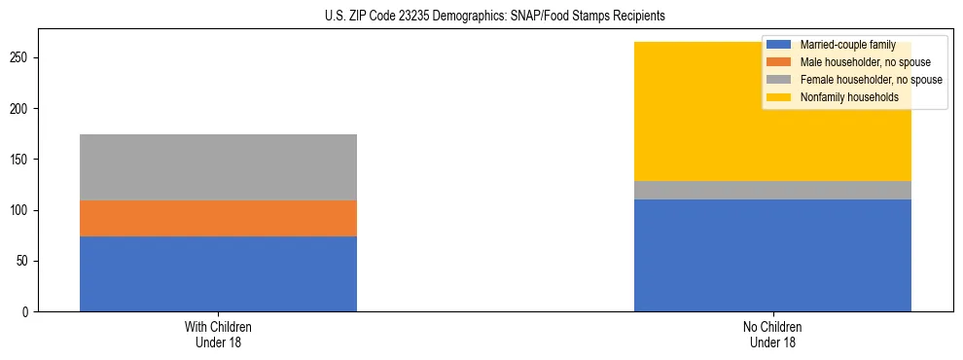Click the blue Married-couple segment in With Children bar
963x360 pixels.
218,273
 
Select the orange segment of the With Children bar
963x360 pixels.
218,218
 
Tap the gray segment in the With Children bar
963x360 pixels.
218,166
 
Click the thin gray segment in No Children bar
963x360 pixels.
772,190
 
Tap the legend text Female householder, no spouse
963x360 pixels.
871,80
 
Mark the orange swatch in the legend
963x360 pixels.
779,62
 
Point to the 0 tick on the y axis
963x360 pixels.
28,311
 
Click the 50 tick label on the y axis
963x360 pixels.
25,261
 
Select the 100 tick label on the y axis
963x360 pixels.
22,210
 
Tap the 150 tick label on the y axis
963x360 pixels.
22,160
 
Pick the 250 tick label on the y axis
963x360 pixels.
22,58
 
